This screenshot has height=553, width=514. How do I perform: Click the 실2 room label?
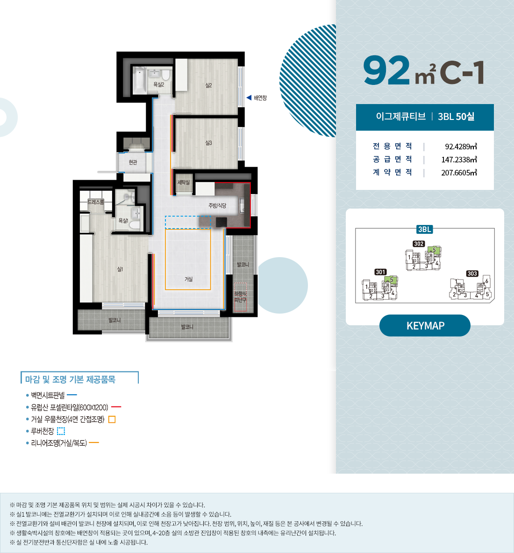pos(208,85)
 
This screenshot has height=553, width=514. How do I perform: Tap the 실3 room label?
pos(208,143)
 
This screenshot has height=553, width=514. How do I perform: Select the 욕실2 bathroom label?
pos(158,84)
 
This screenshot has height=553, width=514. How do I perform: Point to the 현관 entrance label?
pos(133,162)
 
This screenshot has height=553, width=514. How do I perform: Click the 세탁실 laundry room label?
pos(184,182)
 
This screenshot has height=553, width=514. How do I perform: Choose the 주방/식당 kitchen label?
pos(217,205)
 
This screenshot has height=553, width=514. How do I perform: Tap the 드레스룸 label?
pos(96,202)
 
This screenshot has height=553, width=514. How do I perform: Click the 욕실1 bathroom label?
pos(123,220)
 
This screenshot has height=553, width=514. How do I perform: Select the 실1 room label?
pos(120,269)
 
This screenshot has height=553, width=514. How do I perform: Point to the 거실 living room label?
pos(188,279)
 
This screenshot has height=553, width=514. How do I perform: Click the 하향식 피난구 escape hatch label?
pos(240,297)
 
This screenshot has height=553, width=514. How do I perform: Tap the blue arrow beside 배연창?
pos(249,98)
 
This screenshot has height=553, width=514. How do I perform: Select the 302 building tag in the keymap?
pos(419,244)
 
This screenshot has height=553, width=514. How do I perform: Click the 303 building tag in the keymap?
pos(472,273)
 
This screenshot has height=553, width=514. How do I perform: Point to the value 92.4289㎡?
pos(461,147)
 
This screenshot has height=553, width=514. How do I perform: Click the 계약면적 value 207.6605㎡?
pos(459,173)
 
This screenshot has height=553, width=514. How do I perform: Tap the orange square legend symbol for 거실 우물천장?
pos(112,420)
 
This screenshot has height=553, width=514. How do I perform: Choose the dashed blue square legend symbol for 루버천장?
pos(61,431)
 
